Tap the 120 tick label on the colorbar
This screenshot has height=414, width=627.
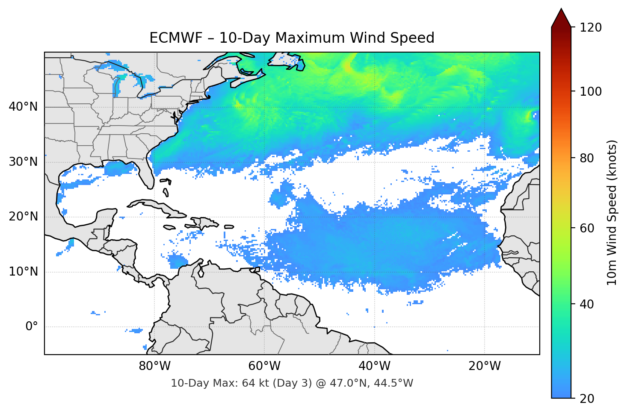591,27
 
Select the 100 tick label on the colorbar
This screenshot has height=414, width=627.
591,91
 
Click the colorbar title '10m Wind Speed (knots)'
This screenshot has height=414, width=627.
612,212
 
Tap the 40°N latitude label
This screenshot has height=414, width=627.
23,107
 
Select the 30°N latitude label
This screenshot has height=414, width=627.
23,162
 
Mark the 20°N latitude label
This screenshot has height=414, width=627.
23,217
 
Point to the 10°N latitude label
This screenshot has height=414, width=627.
23,272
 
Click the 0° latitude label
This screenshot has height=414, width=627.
32,327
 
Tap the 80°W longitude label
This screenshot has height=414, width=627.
154,366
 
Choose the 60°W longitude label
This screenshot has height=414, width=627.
264,366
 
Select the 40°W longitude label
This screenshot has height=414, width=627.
374,366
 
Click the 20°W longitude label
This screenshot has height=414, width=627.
484,366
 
